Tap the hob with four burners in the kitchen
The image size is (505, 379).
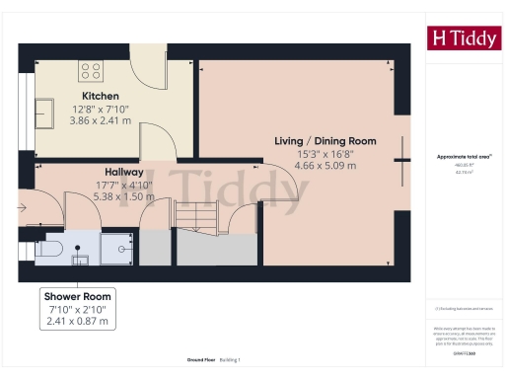click(x=91, y=70)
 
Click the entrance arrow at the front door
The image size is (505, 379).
click(x=23, y=207)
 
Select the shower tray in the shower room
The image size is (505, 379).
click(x=118, y=247)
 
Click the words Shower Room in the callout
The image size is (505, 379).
click(x=77, y=296)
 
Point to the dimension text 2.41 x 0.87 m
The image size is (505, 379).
click(x=77, y=322)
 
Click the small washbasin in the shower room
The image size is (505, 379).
click(x=81, y=260)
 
